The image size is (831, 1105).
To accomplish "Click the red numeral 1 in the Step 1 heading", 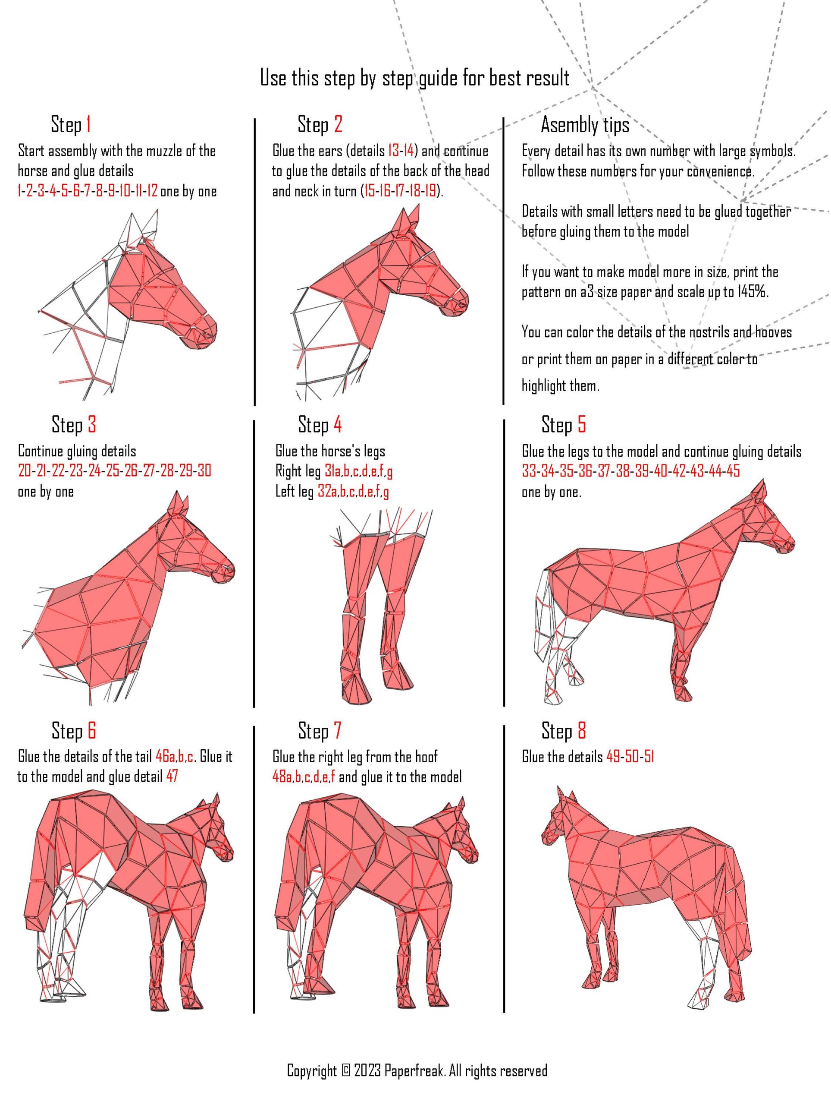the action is click(x=88, y=124).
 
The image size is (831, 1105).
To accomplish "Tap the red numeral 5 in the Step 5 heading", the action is click(x=581, y=425).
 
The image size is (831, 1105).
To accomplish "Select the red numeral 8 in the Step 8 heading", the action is click(x=581, y=731).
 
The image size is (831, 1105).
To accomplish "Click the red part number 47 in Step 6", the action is click(x=172, y=776).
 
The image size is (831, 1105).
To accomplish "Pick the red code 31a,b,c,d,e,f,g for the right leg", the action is click(x=358, y=471).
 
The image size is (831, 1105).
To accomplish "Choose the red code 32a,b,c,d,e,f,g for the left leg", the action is click(x=353, y=492).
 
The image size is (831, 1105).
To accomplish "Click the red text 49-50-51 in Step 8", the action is click(x=630, y=757).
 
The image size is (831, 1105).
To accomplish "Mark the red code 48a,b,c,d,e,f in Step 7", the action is click(x=304, y=777).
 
